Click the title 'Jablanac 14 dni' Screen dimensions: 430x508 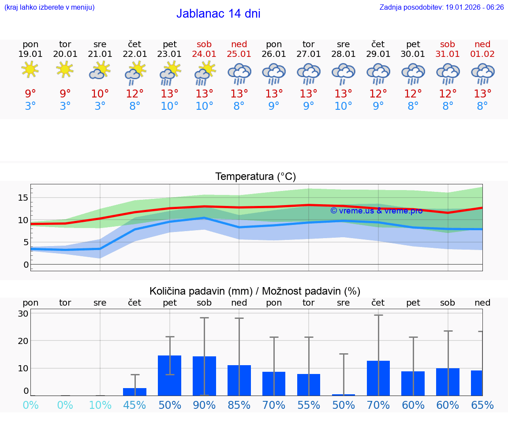(218, 14)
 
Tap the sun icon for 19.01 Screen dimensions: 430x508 (30, 70)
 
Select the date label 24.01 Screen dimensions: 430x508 (204, 54)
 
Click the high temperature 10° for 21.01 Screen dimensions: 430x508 (100, 93)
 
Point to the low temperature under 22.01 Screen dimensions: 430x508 (135, 106)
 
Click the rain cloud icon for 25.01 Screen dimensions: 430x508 (239, 73)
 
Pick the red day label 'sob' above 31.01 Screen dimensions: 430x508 (448, 44)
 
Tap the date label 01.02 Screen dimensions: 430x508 (482, 54)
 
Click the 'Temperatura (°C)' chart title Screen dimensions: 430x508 (255, 177)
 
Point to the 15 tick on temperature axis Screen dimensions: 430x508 (23, 198)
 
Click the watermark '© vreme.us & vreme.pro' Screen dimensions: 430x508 (376, 211)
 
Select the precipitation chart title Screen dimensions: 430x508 (255, 291)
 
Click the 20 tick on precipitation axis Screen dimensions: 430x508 (23, 341)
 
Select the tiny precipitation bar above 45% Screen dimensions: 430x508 (135, 392)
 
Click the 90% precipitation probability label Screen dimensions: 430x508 (204, 405)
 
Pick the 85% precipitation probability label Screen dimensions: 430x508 (239, 405)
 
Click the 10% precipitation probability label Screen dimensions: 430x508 (100, 405)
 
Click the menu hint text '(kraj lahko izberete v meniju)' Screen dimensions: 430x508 (49, 7)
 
